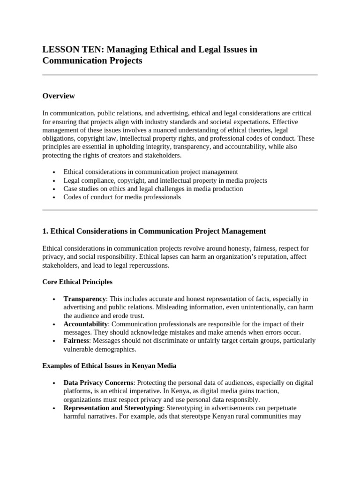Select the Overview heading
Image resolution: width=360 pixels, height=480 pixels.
59,96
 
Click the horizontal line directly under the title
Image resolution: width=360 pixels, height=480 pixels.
180,75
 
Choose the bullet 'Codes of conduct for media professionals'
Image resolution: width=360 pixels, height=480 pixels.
122,197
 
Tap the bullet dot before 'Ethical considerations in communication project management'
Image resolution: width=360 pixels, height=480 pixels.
55,172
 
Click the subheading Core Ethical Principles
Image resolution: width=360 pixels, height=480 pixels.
77,282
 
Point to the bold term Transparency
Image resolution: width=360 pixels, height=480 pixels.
85,299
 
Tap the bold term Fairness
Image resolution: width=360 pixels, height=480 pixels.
76,340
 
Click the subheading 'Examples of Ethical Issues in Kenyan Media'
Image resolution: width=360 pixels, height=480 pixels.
109,366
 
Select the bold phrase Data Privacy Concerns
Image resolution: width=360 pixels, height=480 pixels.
98,382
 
